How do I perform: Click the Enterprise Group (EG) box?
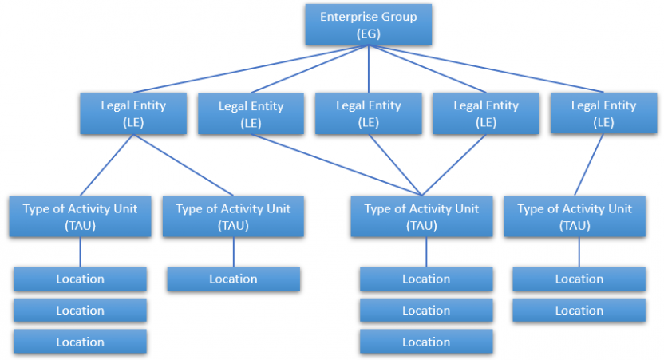(368, 25)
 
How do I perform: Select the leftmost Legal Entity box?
(133, 113)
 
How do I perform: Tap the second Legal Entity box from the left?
(251, 114)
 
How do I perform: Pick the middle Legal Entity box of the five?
(368, 113)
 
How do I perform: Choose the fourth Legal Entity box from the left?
(485, 113)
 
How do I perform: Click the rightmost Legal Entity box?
(603, 113)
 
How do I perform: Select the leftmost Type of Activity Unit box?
(80, 216)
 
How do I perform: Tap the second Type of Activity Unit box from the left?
(233, 216)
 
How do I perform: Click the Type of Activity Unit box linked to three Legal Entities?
(421, 216)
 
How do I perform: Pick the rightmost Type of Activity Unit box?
(575, 216)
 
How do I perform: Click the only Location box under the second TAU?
(233, 279)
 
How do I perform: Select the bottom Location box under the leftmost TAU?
(80, 342)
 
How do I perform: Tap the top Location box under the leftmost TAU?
(80, 279)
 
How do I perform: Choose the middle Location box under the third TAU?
(425, 311)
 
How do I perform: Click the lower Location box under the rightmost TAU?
(579, 311)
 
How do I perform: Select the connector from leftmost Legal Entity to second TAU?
(183, 164)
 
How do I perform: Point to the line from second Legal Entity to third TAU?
(335, 164)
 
